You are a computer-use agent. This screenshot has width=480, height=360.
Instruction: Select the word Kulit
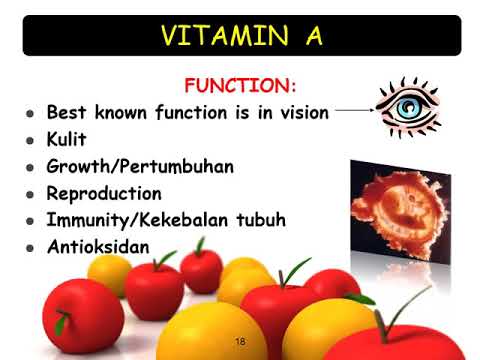[x=68, y=139]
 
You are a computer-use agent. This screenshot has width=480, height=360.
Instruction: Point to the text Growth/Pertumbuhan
[x=140, y=166]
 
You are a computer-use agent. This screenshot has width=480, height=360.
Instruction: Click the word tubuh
[x=268, y=219]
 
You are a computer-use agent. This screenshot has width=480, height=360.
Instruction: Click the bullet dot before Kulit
[x=31, y=140]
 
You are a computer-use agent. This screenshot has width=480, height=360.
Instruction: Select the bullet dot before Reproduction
[x=31, y=194]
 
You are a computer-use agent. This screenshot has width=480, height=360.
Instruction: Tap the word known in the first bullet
[x=122, y=112]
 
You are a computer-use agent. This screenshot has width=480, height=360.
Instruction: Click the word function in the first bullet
[x=196, y=112]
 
